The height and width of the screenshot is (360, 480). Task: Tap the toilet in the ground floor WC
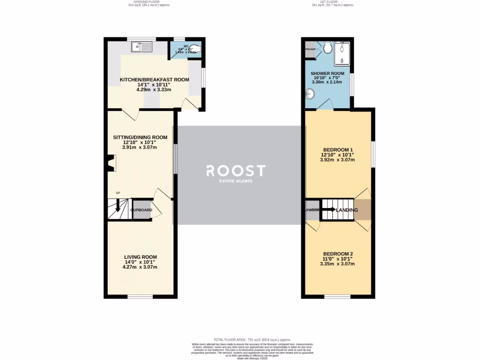(196, 48)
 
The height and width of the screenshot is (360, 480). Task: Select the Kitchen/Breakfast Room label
(154, 80)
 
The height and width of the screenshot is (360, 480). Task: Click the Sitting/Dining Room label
(140, 137)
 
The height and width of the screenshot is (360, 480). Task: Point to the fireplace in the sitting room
(111, 164)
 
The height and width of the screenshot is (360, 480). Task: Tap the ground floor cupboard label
(142, 210)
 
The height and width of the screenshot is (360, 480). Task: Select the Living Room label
(140, 257)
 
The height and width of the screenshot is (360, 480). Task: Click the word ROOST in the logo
(236, 170)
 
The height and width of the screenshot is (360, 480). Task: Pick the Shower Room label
(327, 74)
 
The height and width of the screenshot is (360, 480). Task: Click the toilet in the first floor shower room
(327, 47)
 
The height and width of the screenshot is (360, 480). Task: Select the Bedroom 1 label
(337, 150)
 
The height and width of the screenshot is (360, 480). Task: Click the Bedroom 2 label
(337, 254)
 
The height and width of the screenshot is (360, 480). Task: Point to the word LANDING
(347, 210)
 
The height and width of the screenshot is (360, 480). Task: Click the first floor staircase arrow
(329, 210)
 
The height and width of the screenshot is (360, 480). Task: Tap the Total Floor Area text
(252, 339)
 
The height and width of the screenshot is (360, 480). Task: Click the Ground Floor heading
(147, 2)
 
